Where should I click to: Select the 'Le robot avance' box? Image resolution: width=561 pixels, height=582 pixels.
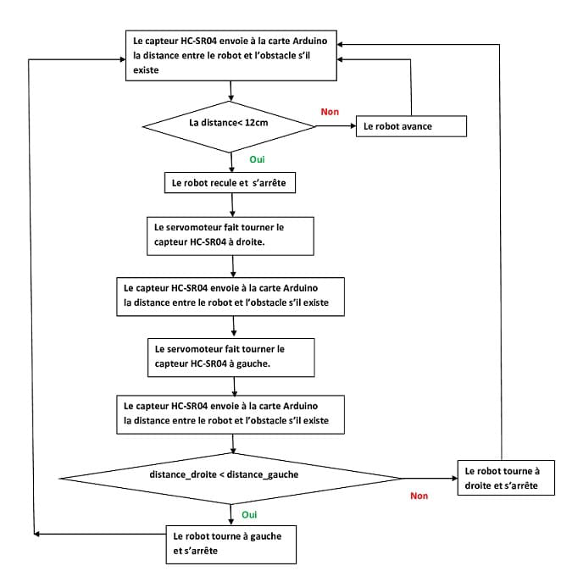(411, 126)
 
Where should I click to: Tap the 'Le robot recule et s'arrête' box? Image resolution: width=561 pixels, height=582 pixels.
(231, 182)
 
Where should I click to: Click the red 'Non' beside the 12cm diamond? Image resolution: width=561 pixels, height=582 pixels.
(329, 112)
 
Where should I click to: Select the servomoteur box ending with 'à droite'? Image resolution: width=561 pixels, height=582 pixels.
(231, 234)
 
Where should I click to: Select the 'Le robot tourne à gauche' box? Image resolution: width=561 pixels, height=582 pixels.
(231, 543)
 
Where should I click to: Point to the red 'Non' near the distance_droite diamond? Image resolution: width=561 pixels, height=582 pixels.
(419, 496)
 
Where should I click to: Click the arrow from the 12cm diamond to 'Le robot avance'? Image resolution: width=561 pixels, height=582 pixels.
(336, 126)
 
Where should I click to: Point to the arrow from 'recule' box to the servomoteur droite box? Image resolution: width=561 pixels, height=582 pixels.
(231, 204)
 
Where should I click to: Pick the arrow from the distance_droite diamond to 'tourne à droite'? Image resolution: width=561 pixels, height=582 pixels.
(430, 476)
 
